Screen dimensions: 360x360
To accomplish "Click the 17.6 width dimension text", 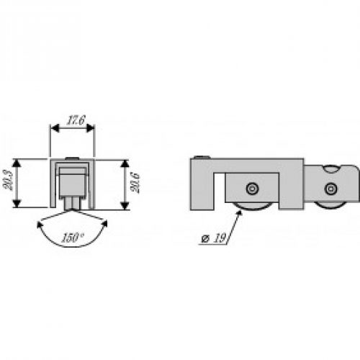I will click(71, 121).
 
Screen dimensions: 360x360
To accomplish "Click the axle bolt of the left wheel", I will click(251, 189).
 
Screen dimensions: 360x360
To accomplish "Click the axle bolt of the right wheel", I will click(330, 189).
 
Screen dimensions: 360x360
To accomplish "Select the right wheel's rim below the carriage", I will click(330, 205).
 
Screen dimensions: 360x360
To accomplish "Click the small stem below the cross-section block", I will click(71, 204).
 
